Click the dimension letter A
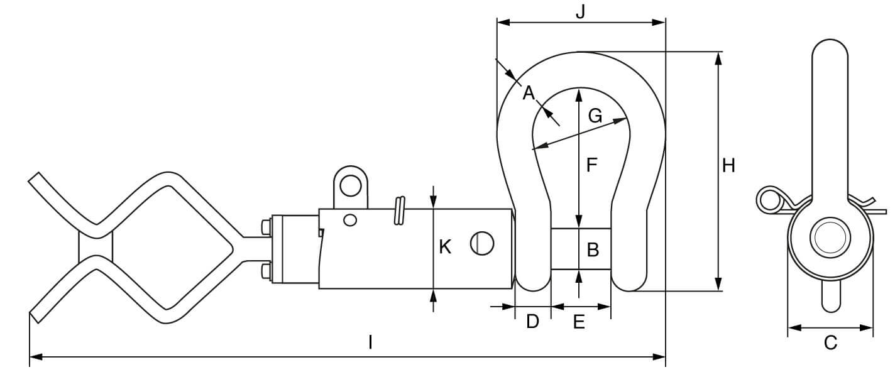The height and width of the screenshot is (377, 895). coord(528,94)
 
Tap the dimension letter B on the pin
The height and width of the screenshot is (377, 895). coord(592,250)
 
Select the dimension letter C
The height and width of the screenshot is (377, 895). coord(830,343)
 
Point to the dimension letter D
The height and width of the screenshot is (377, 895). coord(532,322)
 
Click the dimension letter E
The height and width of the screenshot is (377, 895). coord(579,322)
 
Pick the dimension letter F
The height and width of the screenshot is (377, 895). coord(591,165)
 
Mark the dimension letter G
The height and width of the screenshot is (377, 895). coord(595,116)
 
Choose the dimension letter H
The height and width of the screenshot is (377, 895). coord(728,166)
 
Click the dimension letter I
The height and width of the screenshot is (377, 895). coord(371,342)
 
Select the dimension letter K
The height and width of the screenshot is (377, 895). coord(445,248)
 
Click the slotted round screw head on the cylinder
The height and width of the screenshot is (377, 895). coord(482,243)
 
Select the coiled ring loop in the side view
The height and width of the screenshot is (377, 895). coord(767,200)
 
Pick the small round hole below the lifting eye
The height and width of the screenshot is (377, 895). coord(351,219)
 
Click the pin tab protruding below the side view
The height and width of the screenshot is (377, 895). coord(830,296)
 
